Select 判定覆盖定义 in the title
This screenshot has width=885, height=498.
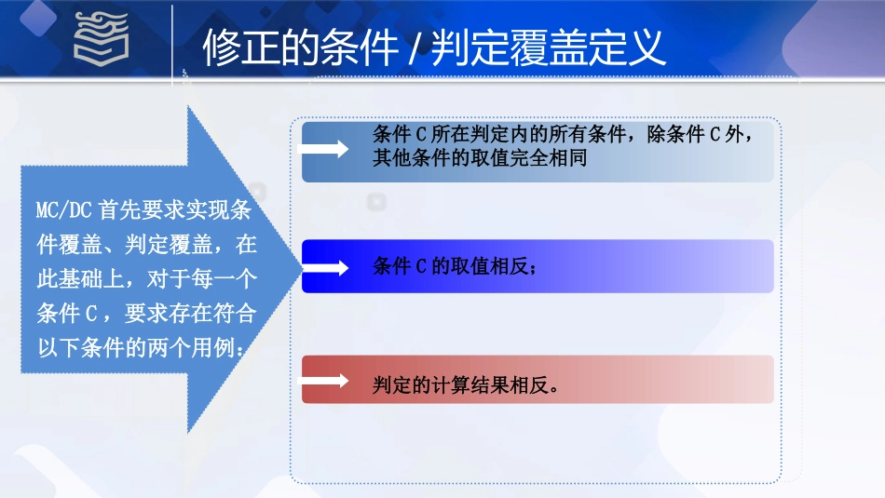[548, 47]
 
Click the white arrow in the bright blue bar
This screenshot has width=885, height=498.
[324, 266]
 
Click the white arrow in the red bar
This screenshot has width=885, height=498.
[324, 381]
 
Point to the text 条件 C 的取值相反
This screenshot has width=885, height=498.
[453, 267]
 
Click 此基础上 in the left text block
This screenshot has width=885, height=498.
[80, 279]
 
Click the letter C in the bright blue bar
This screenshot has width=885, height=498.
[421, 267]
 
